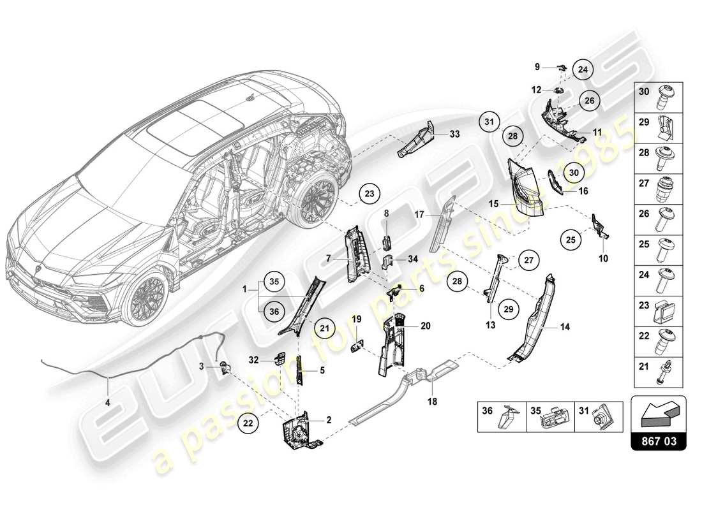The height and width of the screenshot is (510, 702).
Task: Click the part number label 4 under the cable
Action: point(107,402)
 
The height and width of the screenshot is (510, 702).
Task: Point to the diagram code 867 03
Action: point(659,439)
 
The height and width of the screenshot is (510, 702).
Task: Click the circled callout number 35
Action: point(274,280)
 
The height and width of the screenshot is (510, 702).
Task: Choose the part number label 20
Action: point(426,325)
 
